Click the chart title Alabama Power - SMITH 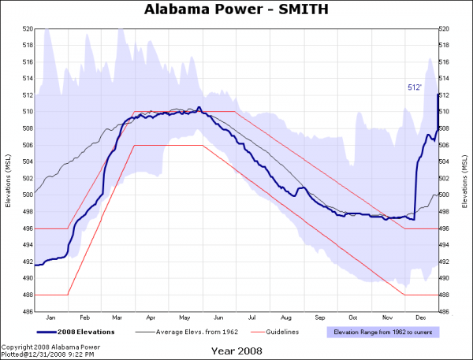pos(236,9)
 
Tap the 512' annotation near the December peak pos(415,87)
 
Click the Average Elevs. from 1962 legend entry pos(185,332)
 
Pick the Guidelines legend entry pos(280,332)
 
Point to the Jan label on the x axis pos(51,317)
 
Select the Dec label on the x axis pos(421,317)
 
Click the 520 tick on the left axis pos(28,28)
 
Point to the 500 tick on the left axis pos(28,195)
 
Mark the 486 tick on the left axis pos(28,311)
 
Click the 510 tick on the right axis pos(444,112)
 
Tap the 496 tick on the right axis pos(444,228)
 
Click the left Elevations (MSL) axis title pos(9,169)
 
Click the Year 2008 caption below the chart pos(236,351)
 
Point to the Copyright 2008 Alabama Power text pos(50,347)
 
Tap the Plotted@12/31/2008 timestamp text pos(47,354)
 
